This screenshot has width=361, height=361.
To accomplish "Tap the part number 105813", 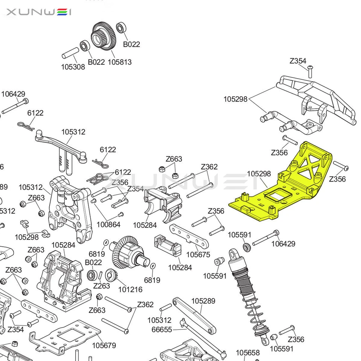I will tap(120, 62).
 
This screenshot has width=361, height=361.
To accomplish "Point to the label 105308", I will tap(73, 67).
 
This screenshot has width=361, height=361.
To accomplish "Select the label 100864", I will tap(108, 225).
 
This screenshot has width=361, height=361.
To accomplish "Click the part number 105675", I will tap(198, 255).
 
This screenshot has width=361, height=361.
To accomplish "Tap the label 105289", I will tap(203, 301).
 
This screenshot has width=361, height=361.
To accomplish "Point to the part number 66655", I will tap(161, 330).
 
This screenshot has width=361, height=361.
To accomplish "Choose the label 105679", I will tap(104, 345).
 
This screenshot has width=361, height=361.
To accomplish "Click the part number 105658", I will tap(247, 353).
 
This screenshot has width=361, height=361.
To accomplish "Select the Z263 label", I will tap(102, 286).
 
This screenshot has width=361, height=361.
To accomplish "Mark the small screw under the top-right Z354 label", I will tap(310, 68).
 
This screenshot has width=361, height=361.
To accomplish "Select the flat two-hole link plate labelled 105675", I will tap(189, 236).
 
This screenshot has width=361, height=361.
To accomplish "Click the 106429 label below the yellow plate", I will tap(283, 244).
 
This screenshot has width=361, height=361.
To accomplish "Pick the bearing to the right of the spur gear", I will tap(121, 28).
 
